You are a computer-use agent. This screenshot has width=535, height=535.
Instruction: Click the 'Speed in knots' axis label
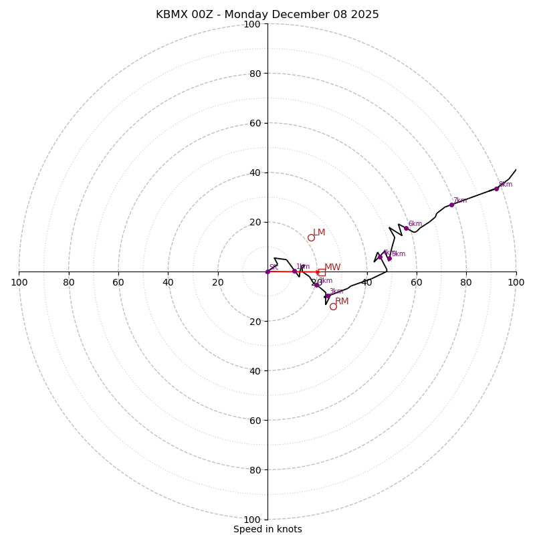point(267,529)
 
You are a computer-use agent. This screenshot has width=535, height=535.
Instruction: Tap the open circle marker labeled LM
point(311,237)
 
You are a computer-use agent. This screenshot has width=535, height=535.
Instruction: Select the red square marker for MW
point(322,272)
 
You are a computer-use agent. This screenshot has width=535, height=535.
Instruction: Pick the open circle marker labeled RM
point(333,306)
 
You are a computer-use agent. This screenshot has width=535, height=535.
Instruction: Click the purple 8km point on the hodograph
point(496,189)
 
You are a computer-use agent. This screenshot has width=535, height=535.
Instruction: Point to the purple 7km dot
point(451,205)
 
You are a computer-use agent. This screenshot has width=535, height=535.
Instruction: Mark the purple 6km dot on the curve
point(406,228)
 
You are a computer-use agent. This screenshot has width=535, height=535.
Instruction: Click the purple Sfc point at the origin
point(267,272)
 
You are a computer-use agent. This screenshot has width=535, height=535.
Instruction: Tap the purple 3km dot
point(327,296)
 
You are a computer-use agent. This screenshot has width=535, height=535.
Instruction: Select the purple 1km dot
point(294,271)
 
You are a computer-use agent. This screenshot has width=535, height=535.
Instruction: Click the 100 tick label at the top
point(252,24)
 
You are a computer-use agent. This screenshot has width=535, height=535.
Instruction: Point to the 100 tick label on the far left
point(19,282)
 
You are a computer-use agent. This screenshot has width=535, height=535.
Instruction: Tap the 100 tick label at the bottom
point(252,520)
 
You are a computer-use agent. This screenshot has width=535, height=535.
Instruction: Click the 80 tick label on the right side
point(466,282)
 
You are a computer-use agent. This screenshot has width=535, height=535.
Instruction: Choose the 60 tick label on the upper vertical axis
point(254,123)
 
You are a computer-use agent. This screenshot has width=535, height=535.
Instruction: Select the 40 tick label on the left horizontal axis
point(168,282)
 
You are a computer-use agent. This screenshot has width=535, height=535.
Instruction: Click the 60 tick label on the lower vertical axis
point(254,421)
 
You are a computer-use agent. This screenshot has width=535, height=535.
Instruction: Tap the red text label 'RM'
point(342,302)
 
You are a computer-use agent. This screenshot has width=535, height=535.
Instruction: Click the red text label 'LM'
point(319,233)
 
